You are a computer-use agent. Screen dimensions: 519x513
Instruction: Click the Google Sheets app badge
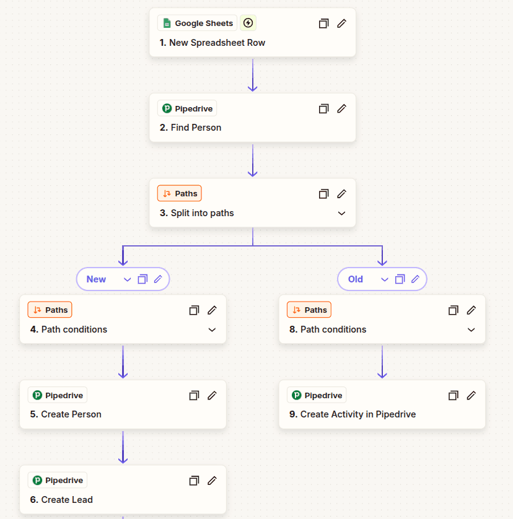tap(197, 24)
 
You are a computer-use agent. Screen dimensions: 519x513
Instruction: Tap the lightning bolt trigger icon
tap(248, 24)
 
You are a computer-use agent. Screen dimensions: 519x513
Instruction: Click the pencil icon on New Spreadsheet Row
tap(341, 24)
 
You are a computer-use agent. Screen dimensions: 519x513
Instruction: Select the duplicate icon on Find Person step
tap(323, 109)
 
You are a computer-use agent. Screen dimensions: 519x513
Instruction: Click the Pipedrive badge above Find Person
tap(187, 109)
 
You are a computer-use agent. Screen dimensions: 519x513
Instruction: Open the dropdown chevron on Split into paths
tap(341, 213)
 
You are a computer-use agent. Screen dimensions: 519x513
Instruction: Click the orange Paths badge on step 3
tap(180, 194)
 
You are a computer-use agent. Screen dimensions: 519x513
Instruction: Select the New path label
tap(96, 279)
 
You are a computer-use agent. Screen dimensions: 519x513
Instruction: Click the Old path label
tap(356, 279)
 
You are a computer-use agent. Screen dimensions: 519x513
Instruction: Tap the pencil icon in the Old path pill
tap(415, 279)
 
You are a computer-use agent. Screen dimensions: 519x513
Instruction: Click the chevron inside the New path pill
tap(128, 279)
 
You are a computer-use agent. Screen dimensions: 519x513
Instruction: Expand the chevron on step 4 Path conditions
tap(212, 329)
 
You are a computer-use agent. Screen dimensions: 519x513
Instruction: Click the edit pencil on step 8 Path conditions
tap(471, 310)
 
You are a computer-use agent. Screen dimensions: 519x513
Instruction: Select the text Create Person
tap(71, 414)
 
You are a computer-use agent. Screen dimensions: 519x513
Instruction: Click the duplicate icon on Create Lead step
tap(194, 481)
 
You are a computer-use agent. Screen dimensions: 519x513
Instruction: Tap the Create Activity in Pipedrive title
tap(357, 414)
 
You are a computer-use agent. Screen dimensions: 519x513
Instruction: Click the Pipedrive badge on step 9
tap(317, 395)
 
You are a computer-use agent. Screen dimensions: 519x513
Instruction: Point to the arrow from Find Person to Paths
tap(253, 161)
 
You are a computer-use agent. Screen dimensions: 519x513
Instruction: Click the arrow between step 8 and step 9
tap(382, 362)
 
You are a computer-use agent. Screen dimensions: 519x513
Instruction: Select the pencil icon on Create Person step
tap(212, 395)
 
